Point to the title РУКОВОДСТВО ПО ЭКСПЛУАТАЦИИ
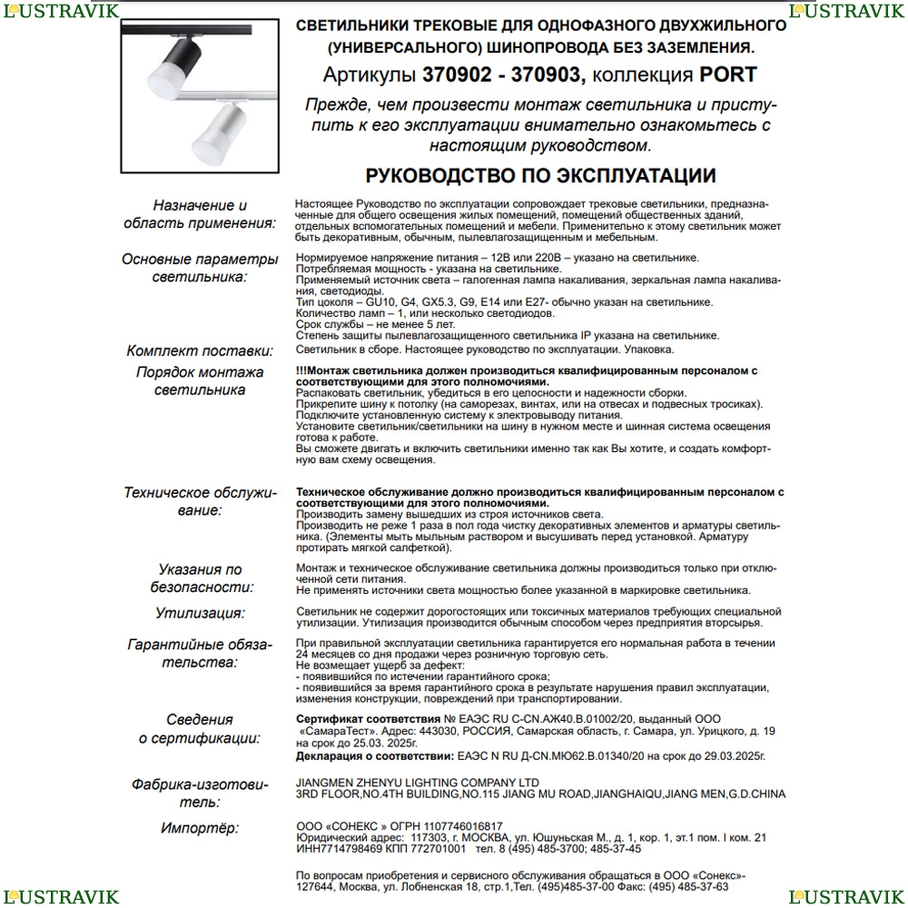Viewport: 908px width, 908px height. pyautogui.click(x=539, y=175)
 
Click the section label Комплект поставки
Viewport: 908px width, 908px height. pyautogui.click(x=200, y=350)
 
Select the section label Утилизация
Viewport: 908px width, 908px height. pyautogui.click(x=200, y=613)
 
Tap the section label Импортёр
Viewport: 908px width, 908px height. pyautogui.click(x=200, y=828)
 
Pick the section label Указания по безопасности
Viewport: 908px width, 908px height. pyautogui.click(x=200, y=578)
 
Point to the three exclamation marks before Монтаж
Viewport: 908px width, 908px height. pyautogui.click(x=301, y=370)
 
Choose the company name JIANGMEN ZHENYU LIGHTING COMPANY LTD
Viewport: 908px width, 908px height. pyautogui.click(x=418, y=783)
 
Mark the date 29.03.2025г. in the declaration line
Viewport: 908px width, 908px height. pyautogui.click(x=732, y=755)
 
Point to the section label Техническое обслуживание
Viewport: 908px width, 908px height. pyautogui.click(x=200, y=502)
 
